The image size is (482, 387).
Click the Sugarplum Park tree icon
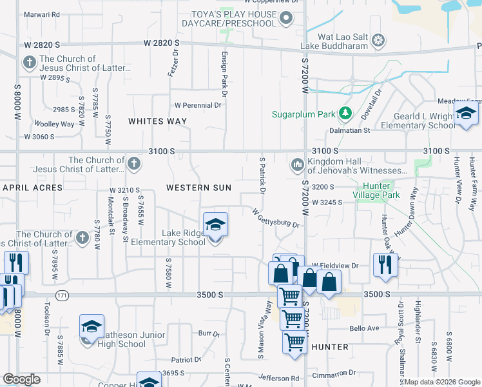[345, 114]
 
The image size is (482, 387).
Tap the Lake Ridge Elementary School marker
[216, 225]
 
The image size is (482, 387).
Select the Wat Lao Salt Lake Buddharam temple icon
[379, 41]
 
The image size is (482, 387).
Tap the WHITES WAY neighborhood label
[157, 121]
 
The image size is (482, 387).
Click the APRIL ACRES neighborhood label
[32, 188]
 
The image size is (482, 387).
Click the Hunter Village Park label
[376, 195]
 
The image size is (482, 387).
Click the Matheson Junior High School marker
[92, 327]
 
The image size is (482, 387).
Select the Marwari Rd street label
[43, 14]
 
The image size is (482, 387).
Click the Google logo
[21, 379]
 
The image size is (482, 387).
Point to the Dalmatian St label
[368, 130]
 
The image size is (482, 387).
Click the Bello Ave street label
[364, 328]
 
